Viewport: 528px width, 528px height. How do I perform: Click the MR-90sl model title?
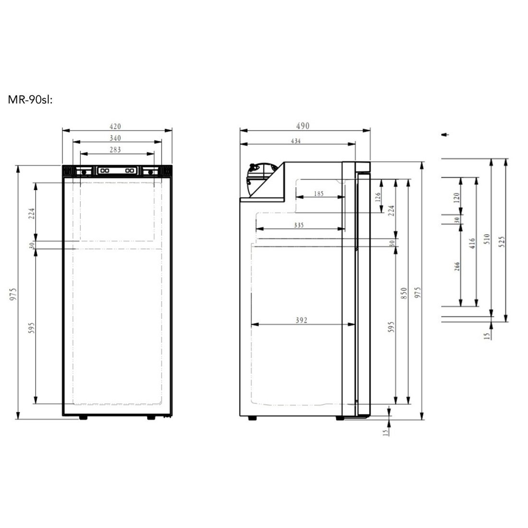point(30,100)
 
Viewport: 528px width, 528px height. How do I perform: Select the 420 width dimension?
point(115,127)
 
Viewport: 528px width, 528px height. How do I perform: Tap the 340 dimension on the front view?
point(115,138)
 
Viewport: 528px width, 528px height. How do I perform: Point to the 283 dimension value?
point(115,149)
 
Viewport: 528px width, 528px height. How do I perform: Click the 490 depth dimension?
point(303,126)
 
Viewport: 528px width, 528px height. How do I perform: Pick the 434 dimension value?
point(296,141)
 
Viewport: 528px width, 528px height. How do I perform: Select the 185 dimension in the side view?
point(319,193)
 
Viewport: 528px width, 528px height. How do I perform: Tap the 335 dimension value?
point(299,225)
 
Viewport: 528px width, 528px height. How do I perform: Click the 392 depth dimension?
point(301,320)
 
